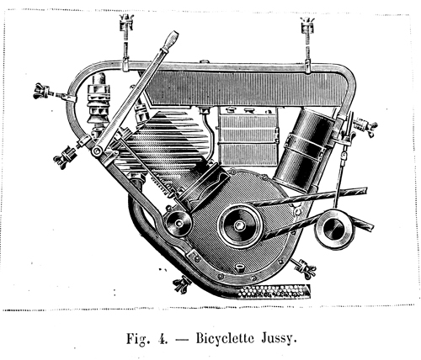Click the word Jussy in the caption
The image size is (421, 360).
[x=279, y=339]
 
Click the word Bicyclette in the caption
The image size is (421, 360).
[x=225, y=338]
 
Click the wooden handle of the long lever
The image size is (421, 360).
[x=170, y=40]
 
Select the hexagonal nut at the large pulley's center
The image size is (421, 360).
[x=239, y=225]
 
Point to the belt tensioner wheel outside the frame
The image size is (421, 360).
[x=333, y=229]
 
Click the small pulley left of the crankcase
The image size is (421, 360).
[x=179, y=223]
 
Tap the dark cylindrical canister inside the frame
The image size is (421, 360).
[x=303, y=149]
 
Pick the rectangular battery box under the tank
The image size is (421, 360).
[x=248, y=136]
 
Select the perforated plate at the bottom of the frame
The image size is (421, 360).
[x=274, y=292]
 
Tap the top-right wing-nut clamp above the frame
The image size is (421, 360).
[x=307, y=26]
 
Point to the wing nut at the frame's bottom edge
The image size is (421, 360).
[x=182, y=284]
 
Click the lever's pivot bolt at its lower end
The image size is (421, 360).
[x=98, y=151]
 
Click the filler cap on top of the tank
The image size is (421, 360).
[x=205, y=61]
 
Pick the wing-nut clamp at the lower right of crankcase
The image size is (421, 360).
[x=305, y=268]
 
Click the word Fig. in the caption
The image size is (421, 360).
[x=136, y=339]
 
